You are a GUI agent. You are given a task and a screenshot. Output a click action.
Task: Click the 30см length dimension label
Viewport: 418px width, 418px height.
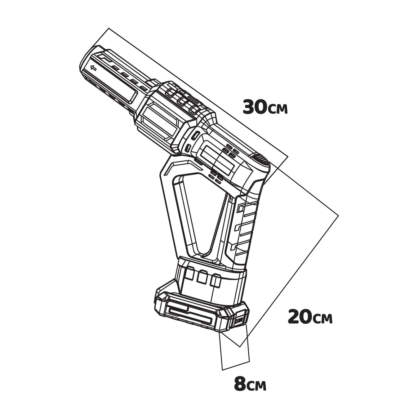tap(265, 107)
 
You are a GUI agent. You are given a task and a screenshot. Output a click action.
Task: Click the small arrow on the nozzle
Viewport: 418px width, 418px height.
tap(93, 68)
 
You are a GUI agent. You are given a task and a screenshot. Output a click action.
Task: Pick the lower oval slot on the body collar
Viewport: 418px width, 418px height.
tap(188, 149)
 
